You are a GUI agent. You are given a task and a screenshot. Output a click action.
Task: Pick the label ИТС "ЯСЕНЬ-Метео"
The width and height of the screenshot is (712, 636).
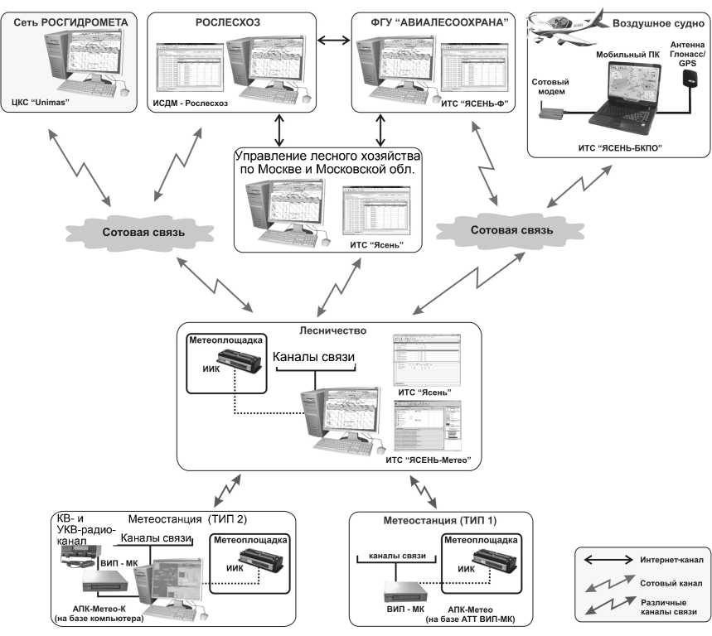click(x=432, y=458)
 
